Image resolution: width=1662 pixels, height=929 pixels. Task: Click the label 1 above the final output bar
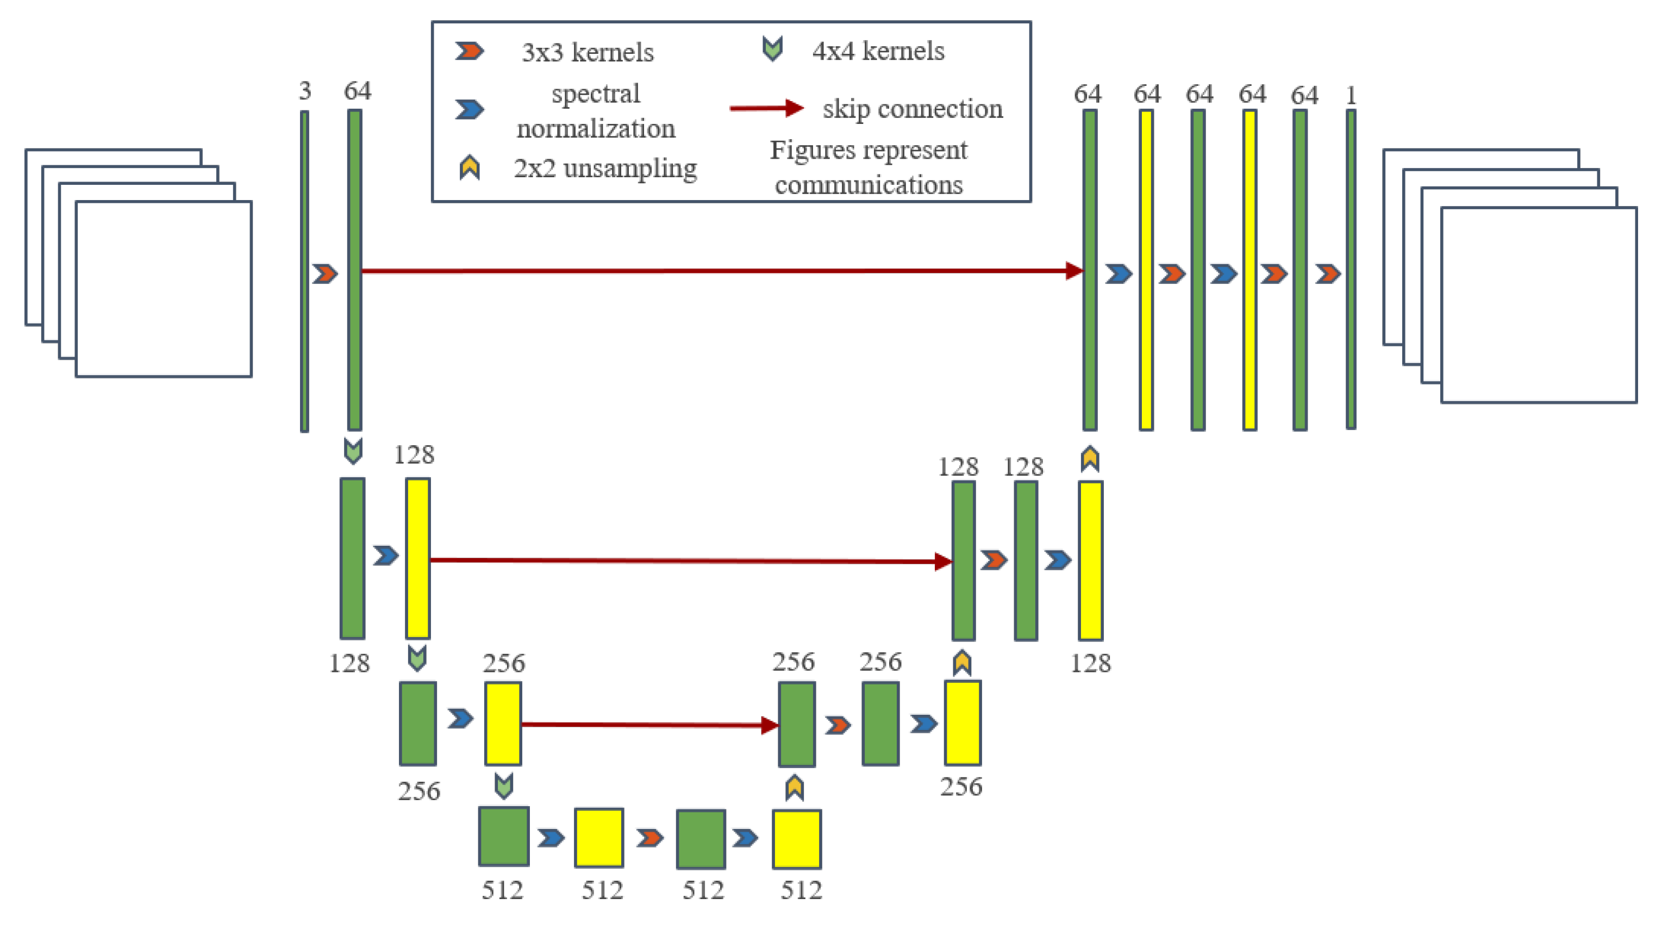point(1351,96)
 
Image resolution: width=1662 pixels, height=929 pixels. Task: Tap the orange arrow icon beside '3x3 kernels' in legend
point(469,51)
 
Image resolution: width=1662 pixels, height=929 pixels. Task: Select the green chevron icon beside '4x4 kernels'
point(772,48)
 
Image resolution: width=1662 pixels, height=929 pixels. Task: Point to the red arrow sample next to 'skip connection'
point(766,108)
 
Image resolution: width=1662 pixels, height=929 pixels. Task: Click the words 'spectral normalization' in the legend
point(596,111)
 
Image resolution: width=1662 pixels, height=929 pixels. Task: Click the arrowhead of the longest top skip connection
point(1074,270)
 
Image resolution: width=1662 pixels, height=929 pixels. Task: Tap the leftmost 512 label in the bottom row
point(502,890)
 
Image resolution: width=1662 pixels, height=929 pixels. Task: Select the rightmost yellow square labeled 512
point(797,839)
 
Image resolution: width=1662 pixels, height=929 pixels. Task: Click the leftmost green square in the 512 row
point(504,836)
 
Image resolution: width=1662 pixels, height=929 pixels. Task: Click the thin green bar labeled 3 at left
point(304,271)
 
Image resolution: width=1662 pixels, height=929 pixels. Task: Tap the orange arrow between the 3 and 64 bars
point(325,273)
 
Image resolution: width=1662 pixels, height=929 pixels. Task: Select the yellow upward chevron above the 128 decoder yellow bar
point(1090,459)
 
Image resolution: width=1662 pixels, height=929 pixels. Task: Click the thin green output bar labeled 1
point(1351,270)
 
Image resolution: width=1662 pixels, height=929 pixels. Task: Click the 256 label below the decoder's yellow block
point(961,787)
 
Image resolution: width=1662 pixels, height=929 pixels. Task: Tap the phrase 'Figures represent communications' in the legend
point(869,167)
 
